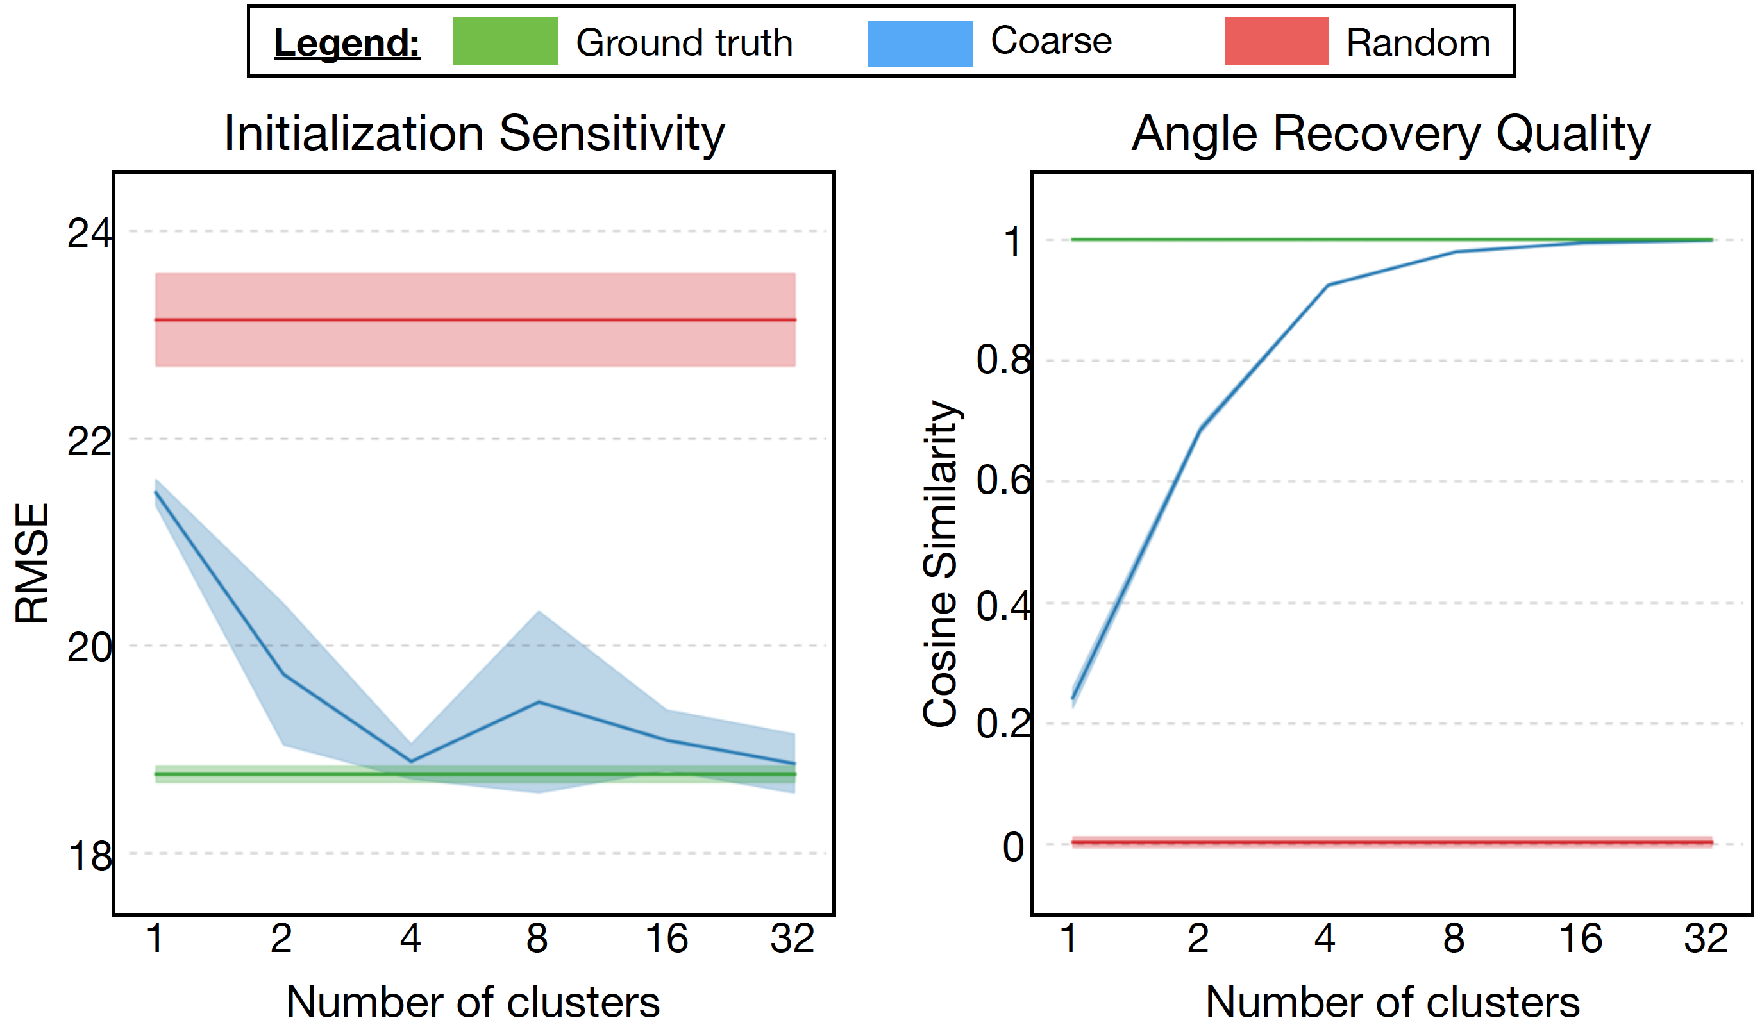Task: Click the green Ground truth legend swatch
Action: (505, 41)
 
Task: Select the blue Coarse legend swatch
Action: (919, 44)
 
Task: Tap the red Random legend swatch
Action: (1276, 41)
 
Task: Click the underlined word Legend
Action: (347, 43)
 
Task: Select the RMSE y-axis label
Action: (32, 563)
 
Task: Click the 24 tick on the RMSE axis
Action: (88, 233)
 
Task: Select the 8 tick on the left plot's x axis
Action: (537, 939)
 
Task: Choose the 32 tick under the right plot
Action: (1706, 939)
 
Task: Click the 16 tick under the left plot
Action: (666, 939)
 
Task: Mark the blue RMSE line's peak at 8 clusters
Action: (539, 702)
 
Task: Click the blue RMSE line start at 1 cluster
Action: (155, 492)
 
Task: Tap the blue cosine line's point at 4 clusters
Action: (1327, 285)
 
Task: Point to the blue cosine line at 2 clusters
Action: (1200, 430)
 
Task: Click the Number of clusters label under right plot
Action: (1392, 1002)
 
